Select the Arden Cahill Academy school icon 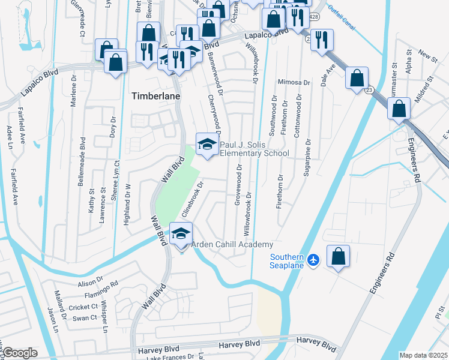pos(180,234)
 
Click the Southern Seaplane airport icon pos(313,259)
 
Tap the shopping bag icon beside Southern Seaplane pos(339,256)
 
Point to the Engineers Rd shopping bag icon pos(399,109)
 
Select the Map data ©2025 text pos(423,355)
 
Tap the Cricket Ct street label pos(83,307)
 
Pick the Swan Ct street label pos(85,318)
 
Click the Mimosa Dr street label pos(294,82)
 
